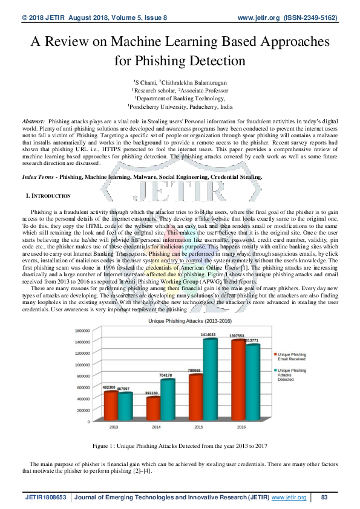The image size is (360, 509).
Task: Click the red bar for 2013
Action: pos(111,405)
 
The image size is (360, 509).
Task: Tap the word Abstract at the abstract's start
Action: pos(32,122)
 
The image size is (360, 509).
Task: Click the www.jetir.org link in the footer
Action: pos(289,497)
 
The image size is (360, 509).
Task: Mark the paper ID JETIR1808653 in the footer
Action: pos(47,497)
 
